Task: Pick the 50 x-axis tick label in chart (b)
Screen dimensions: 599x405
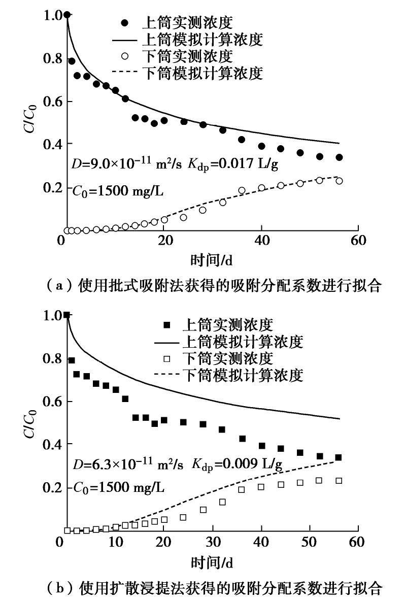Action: (x=310, y=542)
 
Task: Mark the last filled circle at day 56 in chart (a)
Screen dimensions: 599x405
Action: (x=339, y=157)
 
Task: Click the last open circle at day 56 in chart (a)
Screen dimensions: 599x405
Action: (x=339, y=181)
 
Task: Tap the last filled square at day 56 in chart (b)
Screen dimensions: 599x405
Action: (x=339, y=457)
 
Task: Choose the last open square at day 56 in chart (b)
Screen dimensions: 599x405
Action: (x=339, y=481)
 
